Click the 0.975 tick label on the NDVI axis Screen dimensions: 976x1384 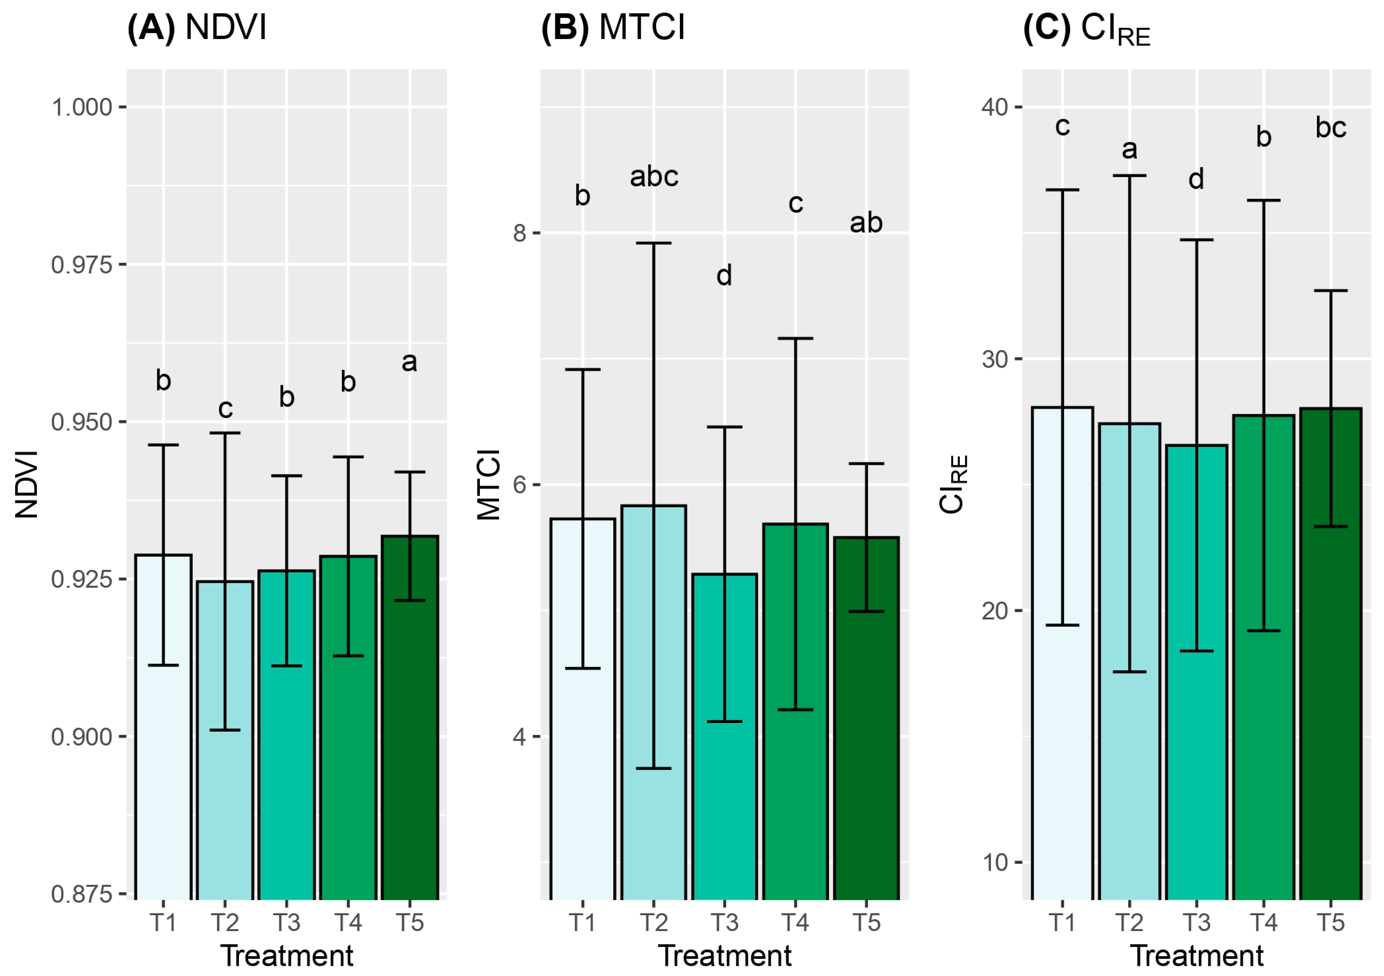(82, 265)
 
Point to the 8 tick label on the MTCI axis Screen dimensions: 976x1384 (520, 233)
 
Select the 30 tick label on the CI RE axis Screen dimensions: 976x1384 (995, 359)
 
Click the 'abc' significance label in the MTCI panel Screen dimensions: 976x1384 (654, 177)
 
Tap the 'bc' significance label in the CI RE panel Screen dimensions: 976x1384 (1330, 127)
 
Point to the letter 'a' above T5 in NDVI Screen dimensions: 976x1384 (409, 362)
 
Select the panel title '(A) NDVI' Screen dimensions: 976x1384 (197, 28)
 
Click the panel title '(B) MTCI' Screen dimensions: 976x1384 (613, 28)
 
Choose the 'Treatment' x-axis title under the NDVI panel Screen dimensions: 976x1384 (287, 955)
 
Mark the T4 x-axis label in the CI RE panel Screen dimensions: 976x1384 (1263, 922)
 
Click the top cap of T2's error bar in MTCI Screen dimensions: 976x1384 (653, 243)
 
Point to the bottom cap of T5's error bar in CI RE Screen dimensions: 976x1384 (1330, 526)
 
